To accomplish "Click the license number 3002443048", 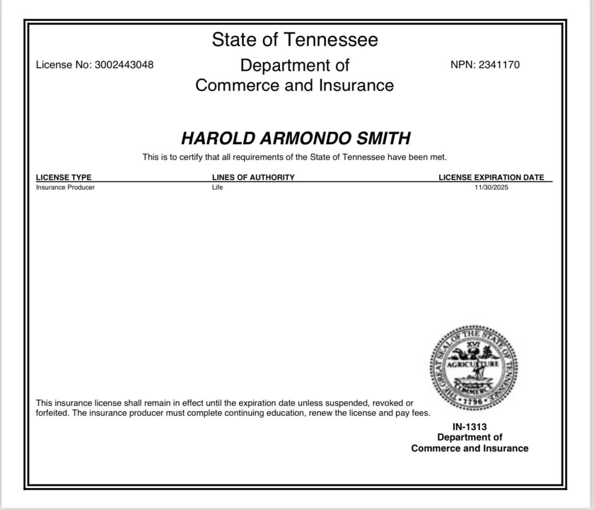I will (x=124, y=64).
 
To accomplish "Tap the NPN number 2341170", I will (x=499, y=64).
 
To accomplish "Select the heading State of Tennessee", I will (x=295, y=40).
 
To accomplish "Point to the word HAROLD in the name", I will (x=218, y=138).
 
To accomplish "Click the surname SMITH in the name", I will (x=384, y=138).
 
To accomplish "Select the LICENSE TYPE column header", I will (x=64, y=177).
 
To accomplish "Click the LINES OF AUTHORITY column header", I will (x=253, y=177).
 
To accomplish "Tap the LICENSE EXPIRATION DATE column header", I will (x=491, y=177).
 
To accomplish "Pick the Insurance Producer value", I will (x=65, y=187).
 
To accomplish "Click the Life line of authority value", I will (x=217, y=187).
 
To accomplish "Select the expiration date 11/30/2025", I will (x=491, y=187).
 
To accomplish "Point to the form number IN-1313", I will (x=470, y=427).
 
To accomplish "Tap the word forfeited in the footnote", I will (x=52, y=413).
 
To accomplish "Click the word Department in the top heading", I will (x=295, y=65).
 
